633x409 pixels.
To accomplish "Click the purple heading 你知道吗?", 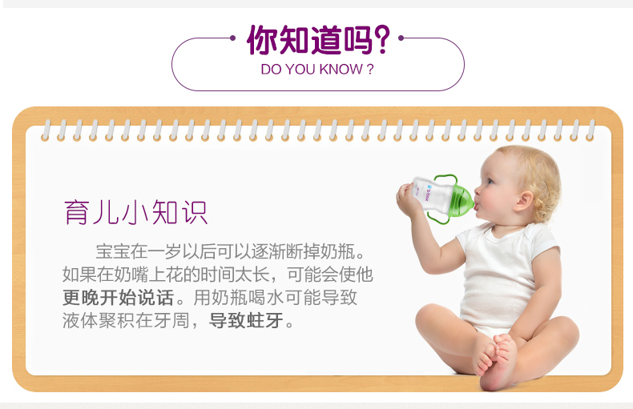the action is (x=318, y=39).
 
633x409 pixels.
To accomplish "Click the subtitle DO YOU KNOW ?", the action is (x=317, y=70).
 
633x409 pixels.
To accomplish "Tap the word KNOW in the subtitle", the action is (x=341, y=70).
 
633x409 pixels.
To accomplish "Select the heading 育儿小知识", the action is (x=135, y=212).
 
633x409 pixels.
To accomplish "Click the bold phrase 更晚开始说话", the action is (x=118, y=298).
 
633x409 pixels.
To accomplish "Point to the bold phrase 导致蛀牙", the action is (x=246, y=321).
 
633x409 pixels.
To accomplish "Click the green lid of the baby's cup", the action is (x=461, y=198).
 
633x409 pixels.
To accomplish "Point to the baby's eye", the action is (x=490, y=182).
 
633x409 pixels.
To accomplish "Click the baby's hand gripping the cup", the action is (x=409, y=199).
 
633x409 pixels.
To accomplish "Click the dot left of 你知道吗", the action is (x=232, y=38).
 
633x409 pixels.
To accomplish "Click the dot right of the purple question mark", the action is (x=401, y=38).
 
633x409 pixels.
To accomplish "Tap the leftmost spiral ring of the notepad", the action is (x=46, y=130).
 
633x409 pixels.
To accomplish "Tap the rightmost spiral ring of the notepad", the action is (x=591, y=130).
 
